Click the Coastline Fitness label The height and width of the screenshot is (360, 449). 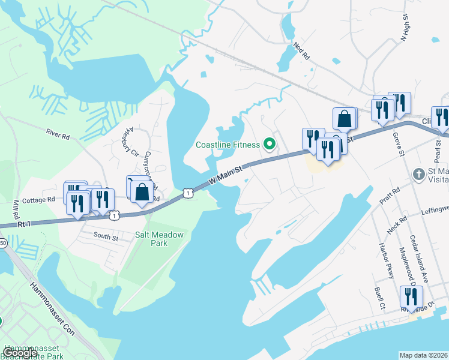pyautogui.click(x=228, y=145)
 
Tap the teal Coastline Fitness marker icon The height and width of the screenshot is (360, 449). pyautogui.click(x=270, y=144)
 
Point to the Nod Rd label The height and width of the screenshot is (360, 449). pyautogui.click(x=301, y=50)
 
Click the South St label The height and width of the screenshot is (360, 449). pyautogui.click(x=106, y=237)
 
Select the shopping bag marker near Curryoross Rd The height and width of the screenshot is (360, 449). pyautogui.click(x=142, y=193)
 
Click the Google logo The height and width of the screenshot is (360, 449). pyautogui.click(x=20, y=353)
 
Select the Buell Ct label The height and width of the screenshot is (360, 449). pyautogui.click(x=379, y=298)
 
